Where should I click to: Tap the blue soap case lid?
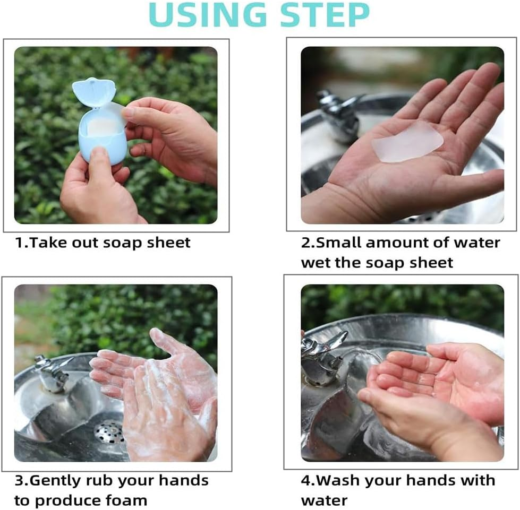93,92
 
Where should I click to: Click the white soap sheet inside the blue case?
103,127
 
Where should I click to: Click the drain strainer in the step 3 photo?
109,431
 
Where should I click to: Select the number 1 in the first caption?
19,243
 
